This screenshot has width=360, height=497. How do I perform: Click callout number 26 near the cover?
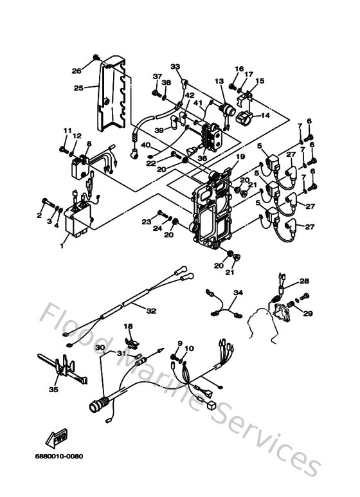pos(76,71)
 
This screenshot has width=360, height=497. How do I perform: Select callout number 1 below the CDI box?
pos(62,245)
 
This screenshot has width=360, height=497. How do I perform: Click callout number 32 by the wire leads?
pos(150,311)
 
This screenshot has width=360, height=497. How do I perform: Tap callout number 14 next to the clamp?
pos(265,116)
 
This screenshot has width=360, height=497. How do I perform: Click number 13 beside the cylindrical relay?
pos(219,82)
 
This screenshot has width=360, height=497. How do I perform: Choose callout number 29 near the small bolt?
pos(307,313)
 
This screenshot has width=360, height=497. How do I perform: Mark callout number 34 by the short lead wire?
pos(239,293)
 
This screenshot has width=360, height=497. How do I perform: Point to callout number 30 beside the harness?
pos(100,348)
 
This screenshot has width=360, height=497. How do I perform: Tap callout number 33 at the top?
pos(175,66)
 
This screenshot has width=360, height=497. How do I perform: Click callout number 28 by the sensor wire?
pos(305,281)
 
